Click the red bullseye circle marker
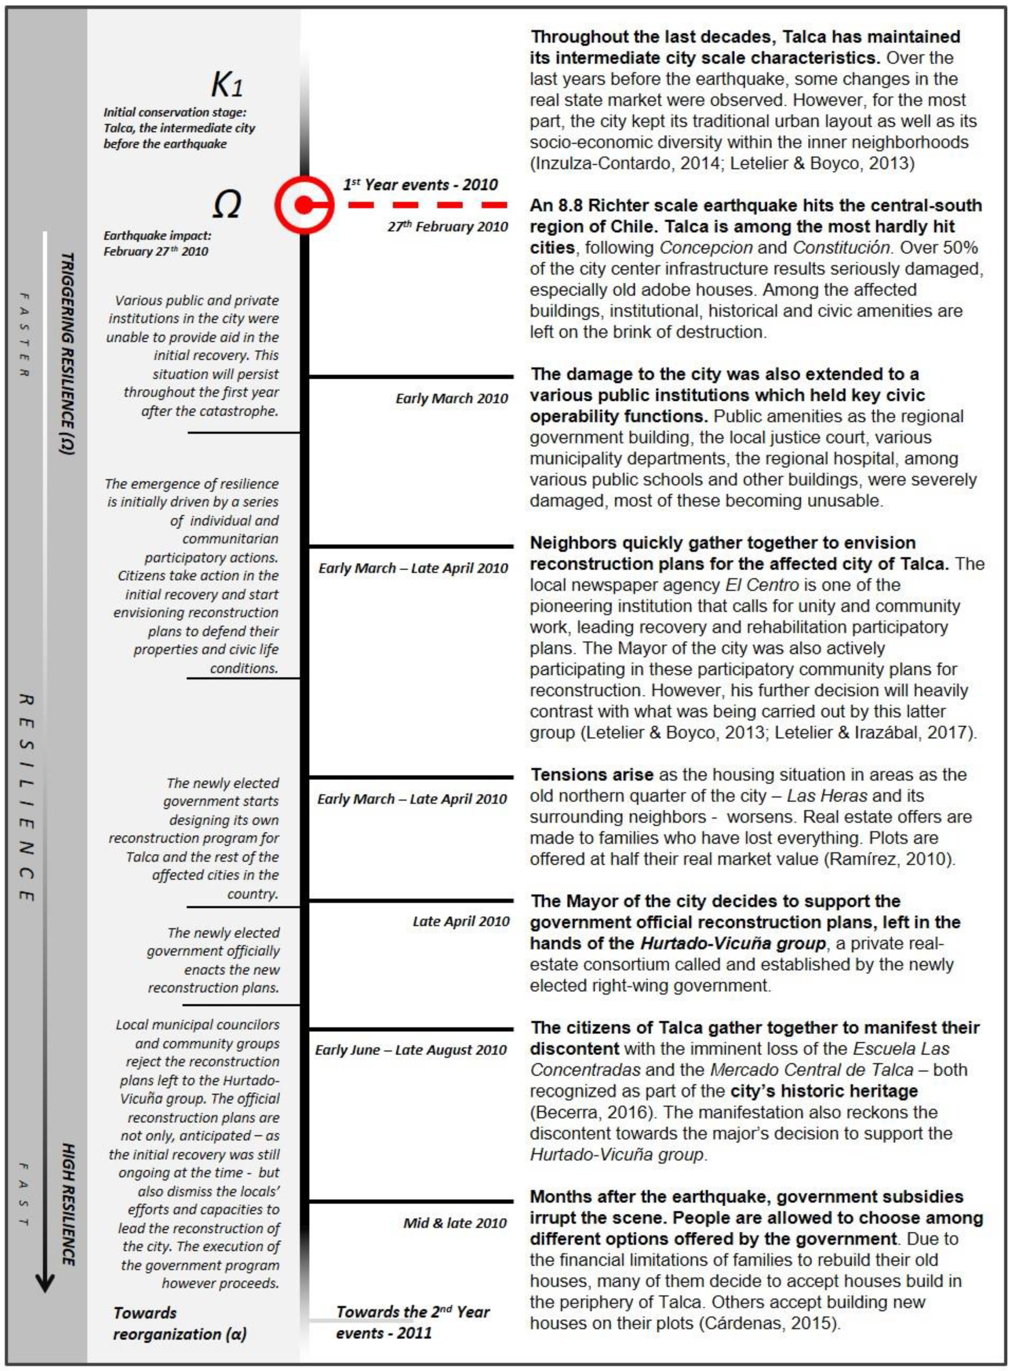(x=304, y=204)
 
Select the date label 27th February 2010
(x=447, y=227)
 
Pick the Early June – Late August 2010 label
(x=411, y=1049)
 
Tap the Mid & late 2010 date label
(x=455, y=1222)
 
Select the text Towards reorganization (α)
(x=179, y=1323)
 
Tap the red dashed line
(x=427, y=204)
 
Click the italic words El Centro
(x=762, y=585)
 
